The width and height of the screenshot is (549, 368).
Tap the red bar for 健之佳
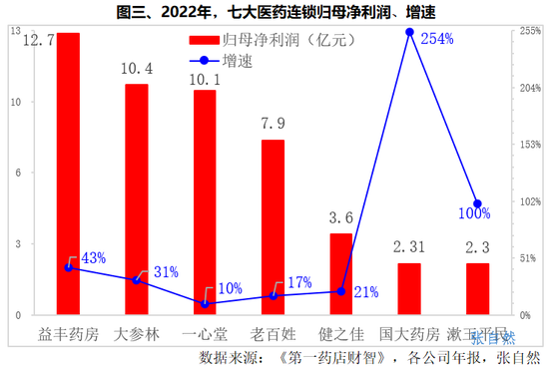click(340, 273)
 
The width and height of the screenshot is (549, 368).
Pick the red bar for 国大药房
click(409, 288)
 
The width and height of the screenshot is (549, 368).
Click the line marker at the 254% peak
click(409, 33)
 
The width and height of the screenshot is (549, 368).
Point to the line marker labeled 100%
click(477, 203)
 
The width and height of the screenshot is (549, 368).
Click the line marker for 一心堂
click(205, 303)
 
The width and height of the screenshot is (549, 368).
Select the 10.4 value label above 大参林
click(136, 70)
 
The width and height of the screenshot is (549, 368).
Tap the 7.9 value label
click(273, 125)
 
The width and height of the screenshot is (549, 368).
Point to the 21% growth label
click(365, 292)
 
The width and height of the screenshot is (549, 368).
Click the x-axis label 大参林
click(136, 332)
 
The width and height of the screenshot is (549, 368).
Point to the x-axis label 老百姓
click(273, 332)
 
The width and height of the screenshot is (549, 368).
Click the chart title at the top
click(275, 11)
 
